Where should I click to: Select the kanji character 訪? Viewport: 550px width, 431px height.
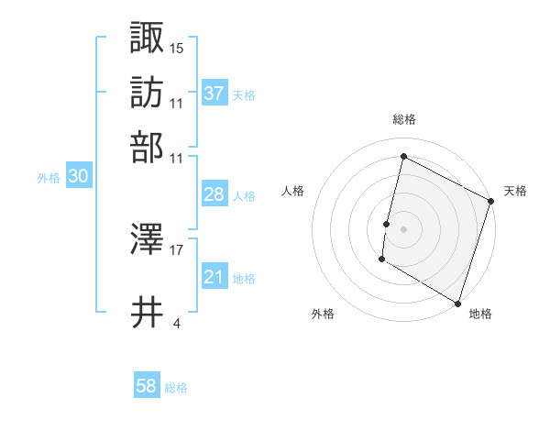148,92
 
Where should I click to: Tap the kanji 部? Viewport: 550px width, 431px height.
148,147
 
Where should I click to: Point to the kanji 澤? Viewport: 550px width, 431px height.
148,240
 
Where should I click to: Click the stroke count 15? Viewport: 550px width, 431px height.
177,47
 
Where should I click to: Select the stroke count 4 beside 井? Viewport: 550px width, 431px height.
176,323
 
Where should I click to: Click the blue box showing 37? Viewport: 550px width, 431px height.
214,93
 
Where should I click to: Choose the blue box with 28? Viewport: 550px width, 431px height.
214,194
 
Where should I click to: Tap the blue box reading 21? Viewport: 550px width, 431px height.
214,277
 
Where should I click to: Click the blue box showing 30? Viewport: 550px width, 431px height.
78,177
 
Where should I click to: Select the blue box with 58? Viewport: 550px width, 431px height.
147,386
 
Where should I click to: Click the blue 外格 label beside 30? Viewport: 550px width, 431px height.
49,178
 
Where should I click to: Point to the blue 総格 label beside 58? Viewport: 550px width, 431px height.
176,388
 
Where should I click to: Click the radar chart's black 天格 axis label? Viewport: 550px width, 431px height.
515,191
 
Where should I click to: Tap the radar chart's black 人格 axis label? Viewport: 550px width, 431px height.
293,191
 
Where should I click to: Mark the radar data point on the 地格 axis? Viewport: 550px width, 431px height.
456,303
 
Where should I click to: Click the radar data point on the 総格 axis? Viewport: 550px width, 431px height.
403,156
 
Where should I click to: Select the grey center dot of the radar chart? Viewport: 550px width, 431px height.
403,228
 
